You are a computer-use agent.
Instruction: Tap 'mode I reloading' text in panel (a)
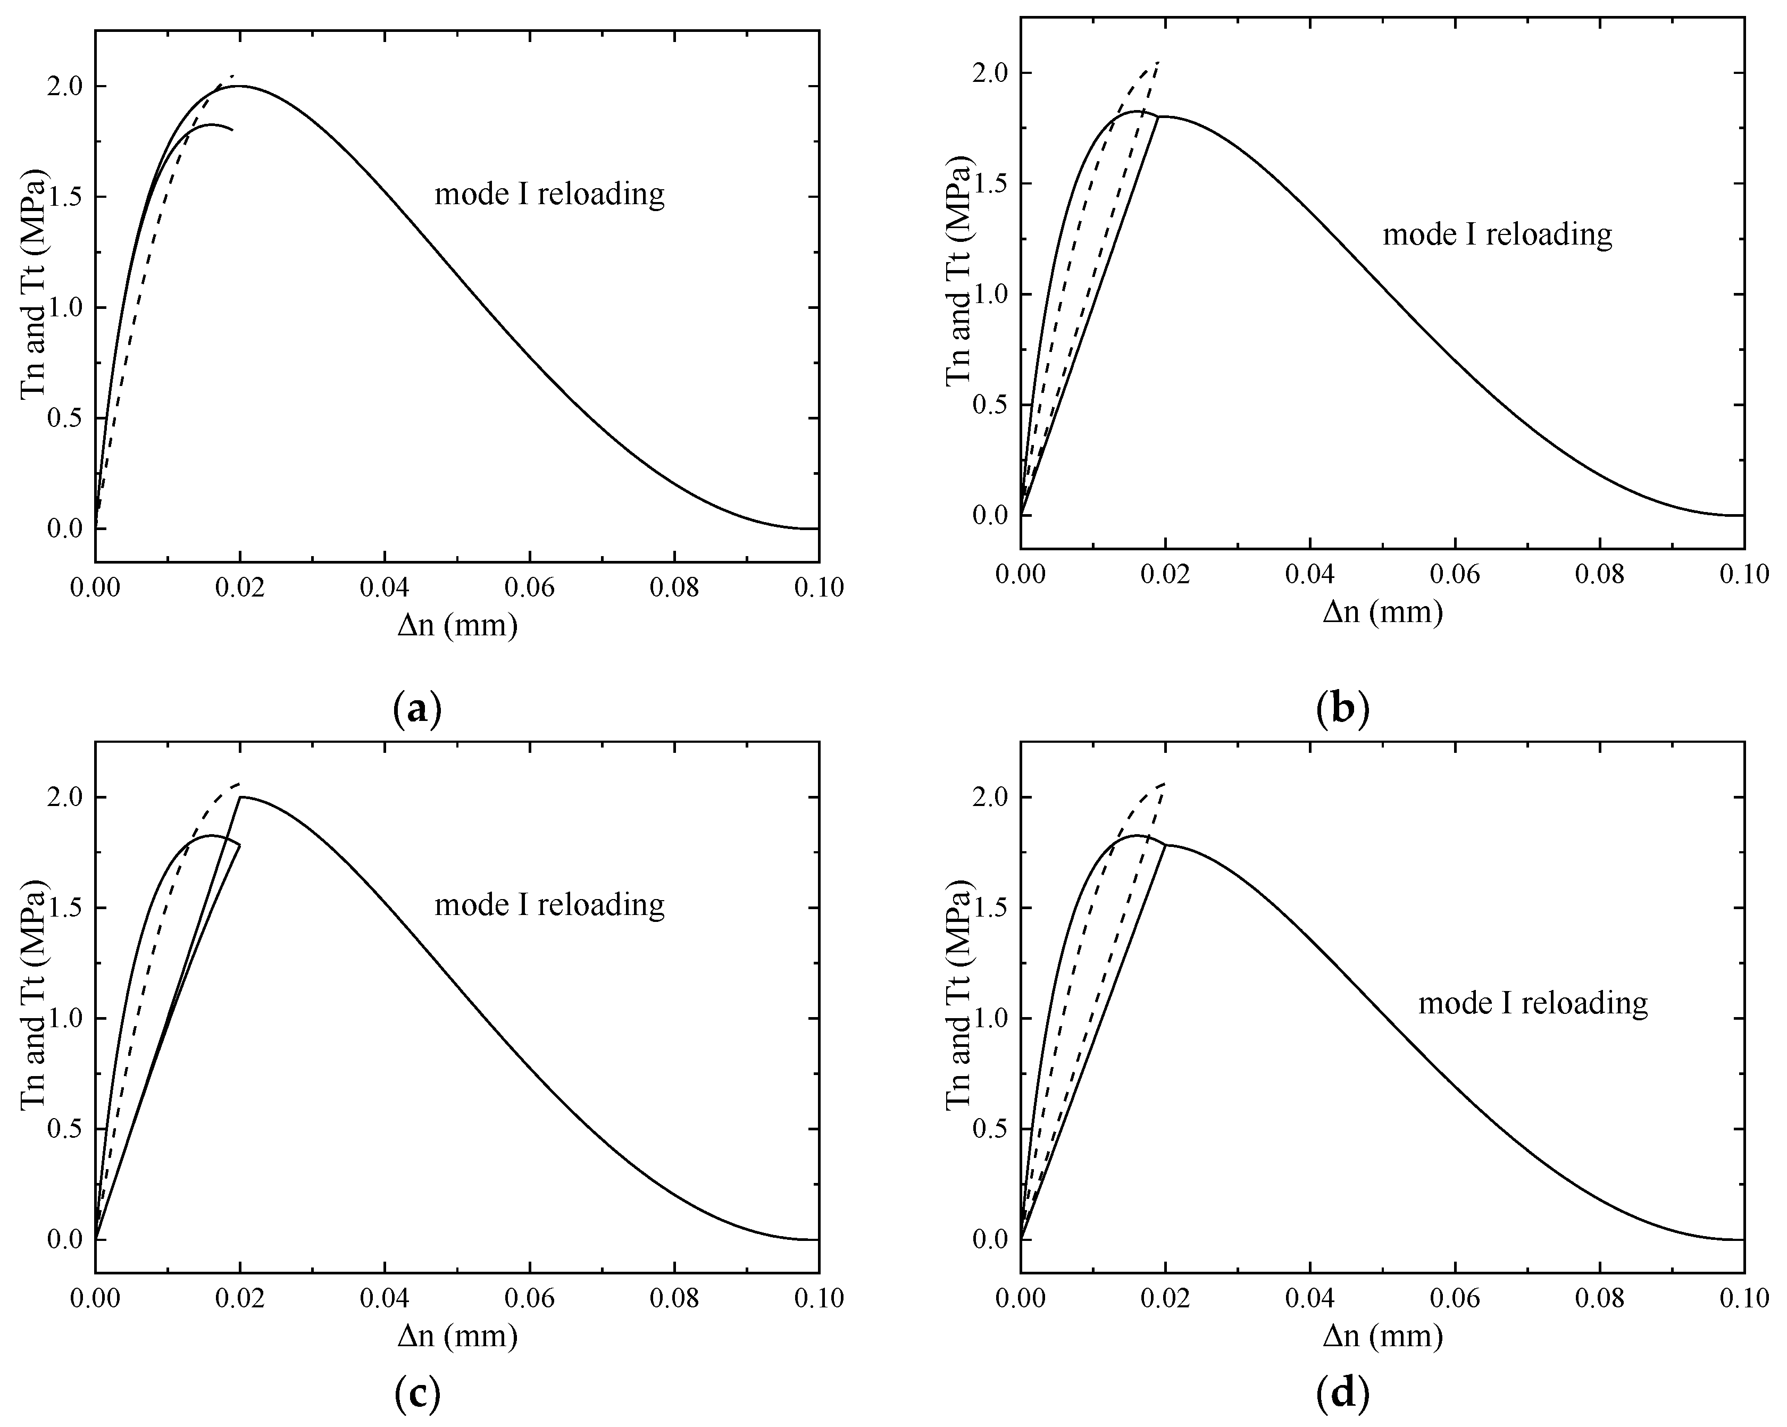[549, 194]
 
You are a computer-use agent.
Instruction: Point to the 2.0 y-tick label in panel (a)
[66, 86]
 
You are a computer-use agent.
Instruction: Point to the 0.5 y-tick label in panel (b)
[991, 405]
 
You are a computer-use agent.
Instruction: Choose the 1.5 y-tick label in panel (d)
[991, 908]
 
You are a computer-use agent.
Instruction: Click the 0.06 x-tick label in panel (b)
[1455, 574]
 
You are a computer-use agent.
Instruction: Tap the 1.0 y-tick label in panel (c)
[66, 1019]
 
